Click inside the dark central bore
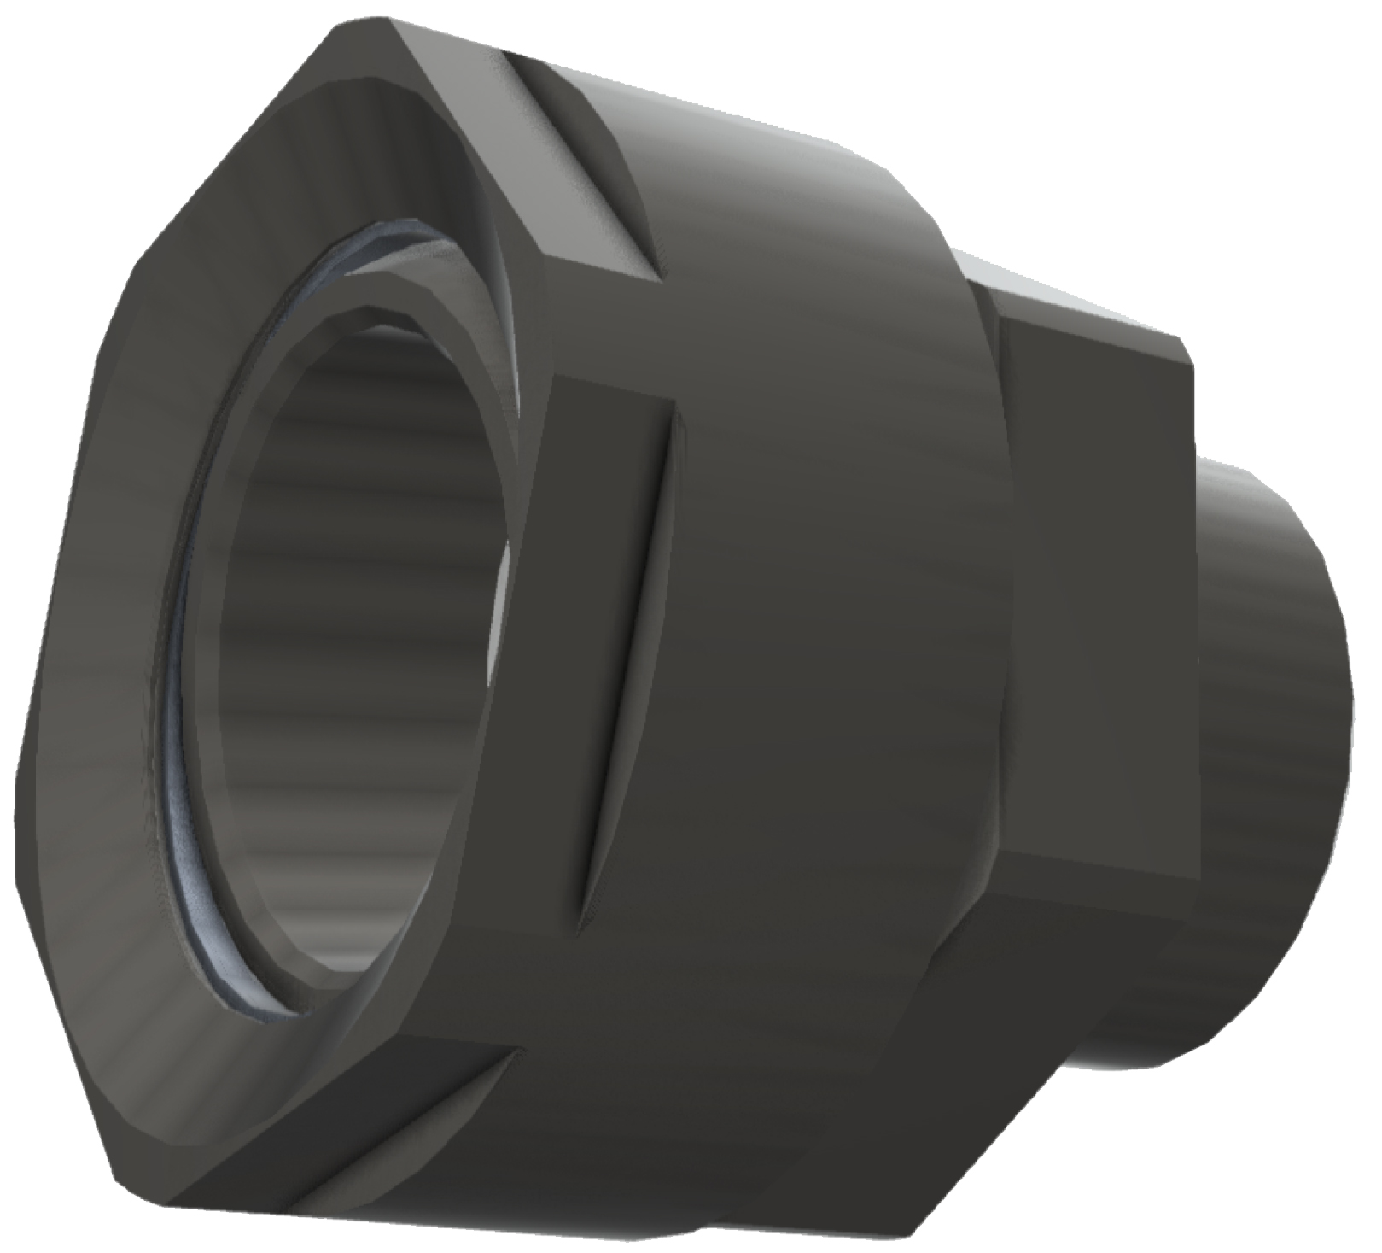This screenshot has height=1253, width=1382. (x=359, y=598)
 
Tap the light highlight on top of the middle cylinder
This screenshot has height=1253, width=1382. (x=768, y=128)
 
